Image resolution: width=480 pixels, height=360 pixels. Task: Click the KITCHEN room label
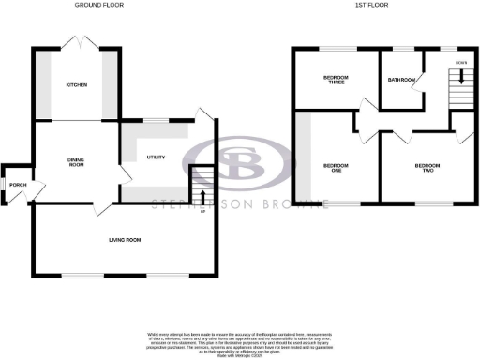(76, 85)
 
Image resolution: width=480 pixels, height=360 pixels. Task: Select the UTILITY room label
(156, 157)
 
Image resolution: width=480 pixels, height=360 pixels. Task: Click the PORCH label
(18, 186)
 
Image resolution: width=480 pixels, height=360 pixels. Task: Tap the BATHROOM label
(401, 80)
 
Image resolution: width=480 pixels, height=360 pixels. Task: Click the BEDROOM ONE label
(335, 169)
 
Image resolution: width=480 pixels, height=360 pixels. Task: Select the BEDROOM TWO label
(427, 169)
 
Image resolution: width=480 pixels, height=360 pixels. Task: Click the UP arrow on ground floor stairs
(202, 195)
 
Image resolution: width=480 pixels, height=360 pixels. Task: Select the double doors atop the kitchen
(76, 42)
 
